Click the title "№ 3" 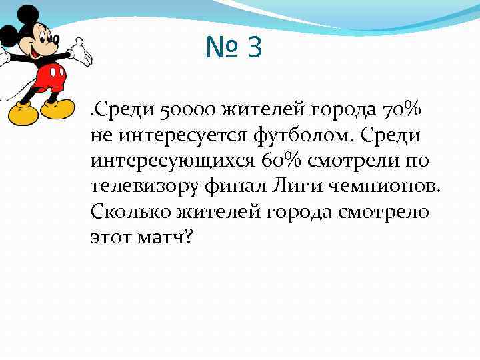point(234,48)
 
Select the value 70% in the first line point(403,109)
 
